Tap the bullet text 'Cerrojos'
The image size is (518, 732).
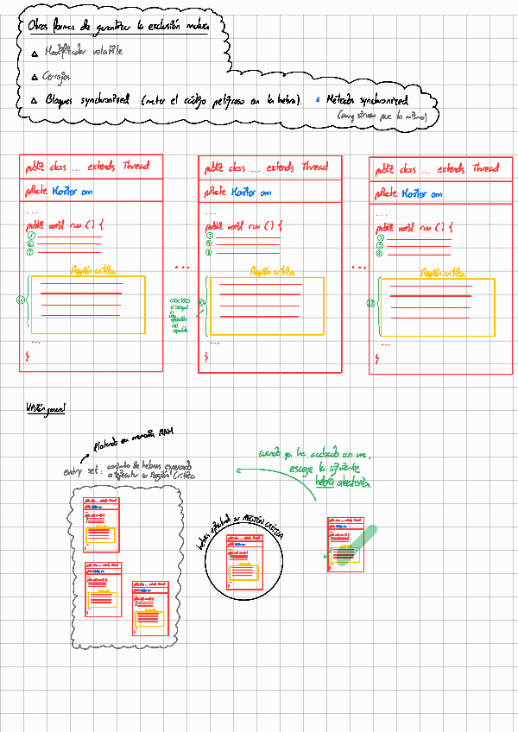[x=57, y=77]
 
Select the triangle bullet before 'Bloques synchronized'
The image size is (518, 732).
[x=34, y=101]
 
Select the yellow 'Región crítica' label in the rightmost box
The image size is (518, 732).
[x=438, y=272]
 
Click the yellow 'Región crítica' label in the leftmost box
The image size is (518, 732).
[x=92, y=270]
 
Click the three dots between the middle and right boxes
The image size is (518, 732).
[x=358, y=267]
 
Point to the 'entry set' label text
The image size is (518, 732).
[x=79, y=471]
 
